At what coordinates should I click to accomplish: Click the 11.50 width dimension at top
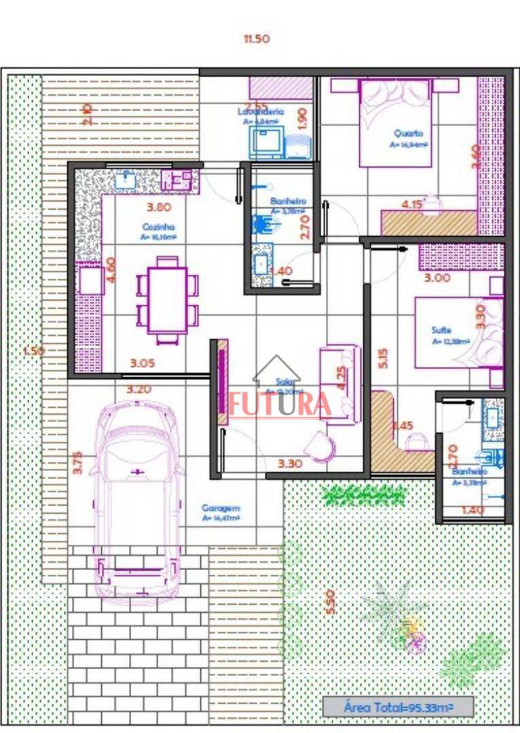[x=257, y=39]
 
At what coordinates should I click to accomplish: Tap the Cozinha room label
[x=159, y=227]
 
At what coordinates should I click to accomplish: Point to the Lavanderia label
[x=261, y=111]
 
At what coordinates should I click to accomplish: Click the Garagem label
[x=221, y=508]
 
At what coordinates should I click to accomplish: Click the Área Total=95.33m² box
[x=398, y=707]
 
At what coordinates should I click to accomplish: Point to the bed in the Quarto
[x=394, y=122]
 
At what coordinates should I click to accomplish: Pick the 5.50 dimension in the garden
[x=331, y=601]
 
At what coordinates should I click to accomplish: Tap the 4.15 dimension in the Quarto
[x=413, y=204]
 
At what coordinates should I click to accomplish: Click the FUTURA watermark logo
[x=280, y=403]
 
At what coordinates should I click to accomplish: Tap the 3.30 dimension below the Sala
[x=290, y=464]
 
